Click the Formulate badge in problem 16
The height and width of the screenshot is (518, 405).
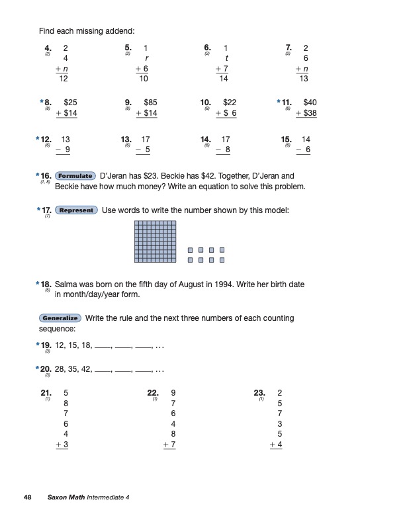click(75, 176)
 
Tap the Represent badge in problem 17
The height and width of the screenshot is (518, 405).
click(77, 210)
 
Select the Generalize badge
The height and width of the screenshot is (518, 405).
click(60, 318)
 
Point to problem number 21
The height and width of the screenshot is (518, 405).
click(46, 392)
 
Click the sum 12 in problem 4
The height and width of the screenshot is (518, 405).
click(64, 79)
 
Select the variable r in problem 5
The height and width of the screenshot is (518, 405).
click(146, 58)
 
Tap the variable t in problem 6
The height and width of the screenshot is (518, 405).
click(226, 58)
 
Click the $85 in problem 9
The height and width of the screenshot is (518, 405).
click(151, 103)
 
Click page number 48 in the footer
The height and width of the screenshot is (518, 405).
click(27, 497)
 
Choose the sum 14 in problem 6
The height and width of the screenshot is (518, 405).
click(224, 79)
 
